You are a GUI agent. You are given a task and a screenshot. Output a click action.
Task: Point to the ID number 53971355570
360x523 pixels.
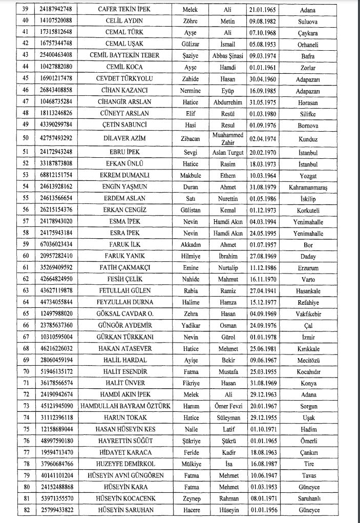56,499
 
